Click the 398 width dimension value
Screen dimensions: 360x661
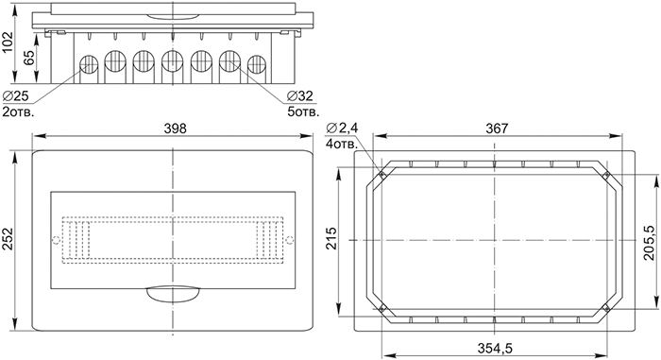click(x=173, y=129)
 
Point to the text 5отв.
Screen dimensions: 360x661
click(x=302, y=112)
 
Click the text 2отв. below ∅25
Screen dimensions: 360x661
click(x=19, y=112)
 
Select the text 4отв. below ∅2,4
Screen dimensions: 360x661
click(x=342, y=145)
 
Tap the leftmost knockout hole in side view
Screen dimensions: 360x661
click(x=87, y=66)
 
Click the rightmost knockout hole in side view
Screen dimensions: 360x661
click(x=257, y=66)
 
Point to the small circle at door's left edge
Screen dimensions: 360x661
click(x=51, y=240)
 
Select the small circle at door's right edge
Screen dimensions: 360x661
click(x=292, y=240)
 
